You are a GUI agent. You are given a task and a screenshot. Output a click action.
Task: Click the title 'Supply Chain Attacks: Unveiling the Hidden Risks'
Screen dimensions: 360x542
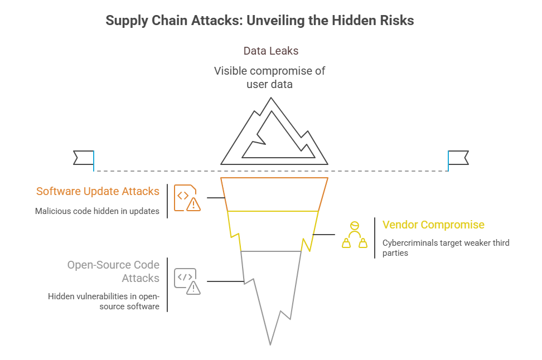[x=259, y=21]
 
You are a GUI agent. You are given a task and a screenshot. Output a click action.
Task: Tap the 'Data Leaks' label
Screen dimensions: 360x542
[x=270, y=51]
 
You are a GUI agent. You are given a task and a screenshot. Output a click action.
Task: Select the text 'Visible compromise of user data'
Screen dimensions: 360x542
[x=270, y=78]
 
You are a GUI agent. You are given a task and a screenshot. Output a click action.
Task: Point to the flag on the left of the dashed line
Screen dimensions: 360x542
[x=84, y=158]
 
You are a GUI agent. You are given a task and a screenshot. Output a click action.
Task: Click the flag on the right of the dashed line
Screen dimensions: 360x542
[x=458, y=158]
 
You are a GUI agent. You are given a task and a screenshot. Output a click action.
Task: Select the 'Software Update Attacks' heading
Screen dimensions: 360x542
[x=98, y=191]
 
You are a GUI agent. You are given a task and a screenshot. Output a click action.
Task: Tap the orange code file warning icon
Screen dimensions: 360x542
[x=187, y=198]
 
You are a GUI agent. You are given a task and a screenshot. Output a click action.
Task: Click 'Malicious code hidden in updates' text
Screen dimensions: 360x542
[x=98, y=211]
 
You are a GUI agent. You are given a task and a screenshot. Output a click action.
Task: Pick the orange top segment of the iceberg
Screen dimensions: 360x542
[x=274, y=194]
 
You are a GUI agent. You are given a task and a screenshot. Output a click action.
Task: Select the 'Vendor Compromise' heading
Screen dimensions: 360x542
[x=433, y=225]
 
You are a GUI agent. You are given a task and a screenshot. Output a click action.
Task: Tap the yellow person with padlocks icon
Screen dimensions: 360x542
[x=354, y=235]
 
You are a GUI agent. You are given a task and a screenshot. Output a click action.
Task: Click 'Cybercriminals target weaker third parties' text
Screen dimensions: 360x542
[x=446, y=248]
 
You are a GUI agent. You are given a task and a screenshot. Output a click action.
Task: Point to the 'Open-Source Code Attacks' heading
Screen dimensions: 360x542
[x=113, y=271]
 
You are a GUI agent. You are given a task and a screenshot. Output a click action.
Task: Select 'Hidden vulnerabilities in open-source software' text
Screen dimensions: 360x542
[x=103, y=301]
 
